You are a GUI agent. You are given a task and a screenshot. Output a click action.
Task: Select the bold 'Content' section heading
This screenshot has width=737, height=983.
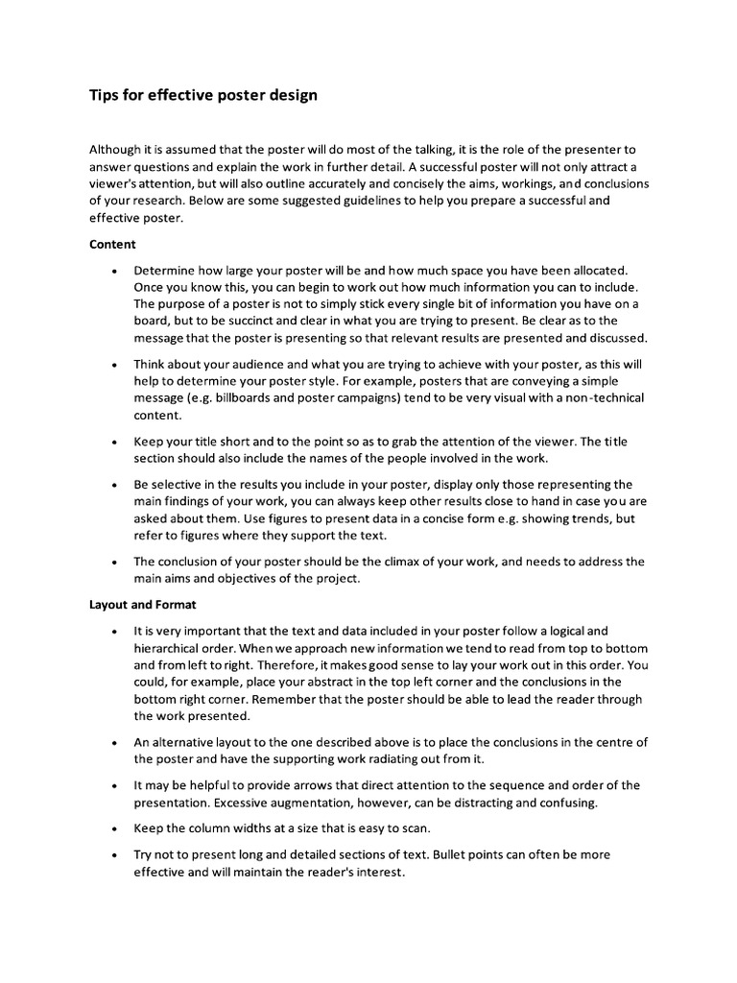tap(112, 245)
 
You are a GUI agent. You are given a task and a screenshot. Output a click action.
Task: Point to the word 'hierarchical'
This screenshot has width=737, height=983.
tap(169, 647)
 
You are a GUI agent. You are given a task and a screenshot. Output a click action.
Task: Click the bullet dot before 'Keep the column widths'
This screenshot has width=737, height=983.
tap(114, 827)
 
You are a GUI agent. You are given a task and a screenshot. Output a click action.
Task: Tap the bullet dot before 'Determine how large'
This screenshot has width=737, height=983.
tap(114, 272)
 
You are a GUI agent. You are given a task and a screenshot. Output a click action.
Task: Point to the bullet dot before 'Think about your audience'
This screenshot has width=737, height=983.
tap(114, 366)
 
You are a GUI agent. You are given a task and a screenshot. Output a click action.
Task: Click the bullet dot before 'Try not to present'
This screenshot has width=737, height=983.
tap(114, 854)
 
